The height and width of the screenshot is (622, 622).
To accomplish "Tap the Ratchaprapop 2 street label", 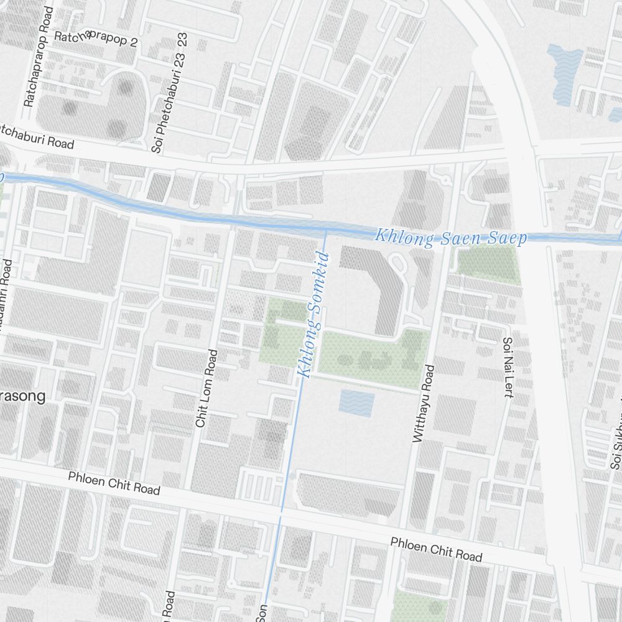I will click(96, 39).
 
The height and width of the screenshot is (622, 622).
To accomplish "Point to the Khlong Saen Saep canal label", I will click(451, 238).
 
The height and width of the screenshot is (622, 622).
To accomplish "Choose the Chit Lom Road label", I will click(207, 388).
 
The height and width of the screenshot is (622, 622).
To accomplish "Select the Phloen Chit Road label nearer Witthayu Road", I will click(436, 549).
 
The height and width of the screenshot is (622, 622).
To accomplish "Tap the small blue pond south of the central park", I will click(356, 404).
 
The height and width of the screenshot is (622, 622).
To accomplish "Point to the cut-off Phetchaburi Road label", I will click(37, 137).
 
